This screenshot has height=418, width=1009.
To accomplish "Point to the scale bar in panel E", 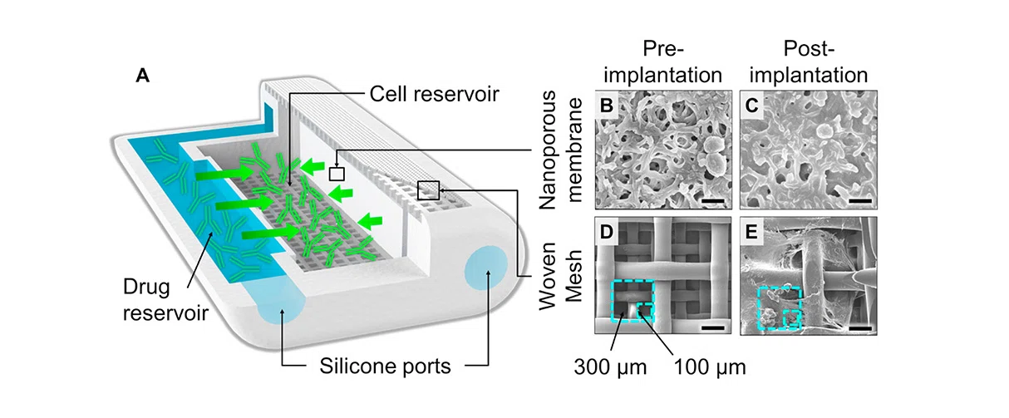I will click(859, 328).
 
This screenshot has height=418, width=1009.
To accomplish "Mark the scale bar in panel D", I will click(711, 328).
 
